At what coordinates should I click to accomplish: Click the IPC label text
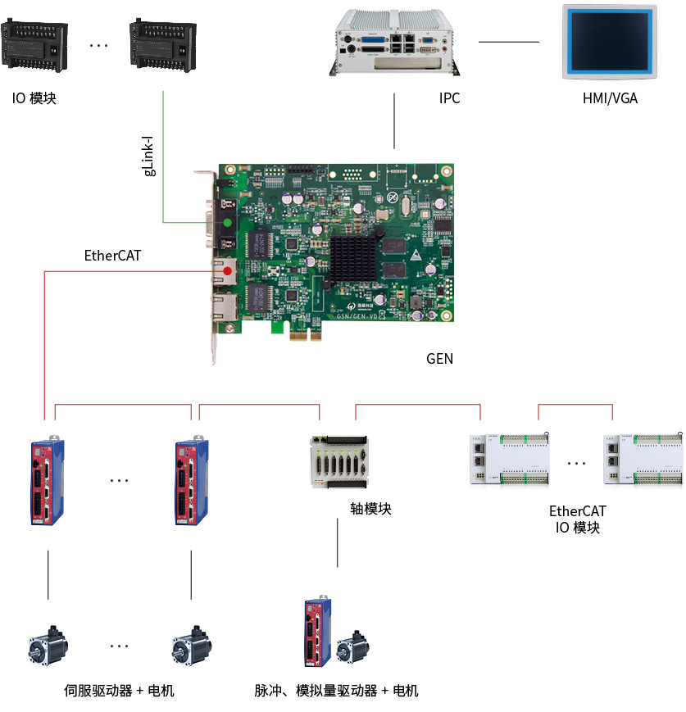click(449, 98)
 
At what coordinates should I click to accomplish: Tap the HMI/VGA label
click(610, 98)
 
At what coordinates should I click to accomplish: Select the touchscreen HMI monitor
click(609, 41)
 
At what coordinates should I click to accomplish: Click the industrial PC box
click(393, 41)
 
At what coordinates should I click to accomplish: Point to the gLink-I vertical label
click(149, 156)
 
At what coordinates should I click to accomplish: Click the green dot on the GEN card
click(227, 222)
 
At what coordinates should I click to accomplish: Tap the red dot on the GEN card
click(227, 270)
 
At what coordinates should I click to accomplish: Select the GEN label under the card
click(439, 359)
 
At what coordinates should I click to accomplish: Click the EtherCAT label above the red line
click(112, 256)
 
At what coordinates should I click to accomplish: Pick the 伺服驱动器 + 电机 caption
click(119, 691)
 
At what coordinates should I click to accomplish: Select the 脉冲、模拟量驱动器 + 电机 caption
click(336, 691)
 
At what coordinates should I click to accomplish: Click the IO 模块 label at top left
click(34, 99)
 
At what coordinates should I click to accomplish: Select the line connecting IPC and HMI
click(509, 42)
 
